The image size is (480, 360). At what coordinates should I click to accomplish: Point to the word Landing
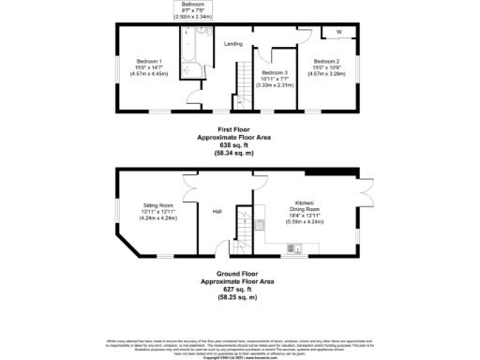[x=233, y=43]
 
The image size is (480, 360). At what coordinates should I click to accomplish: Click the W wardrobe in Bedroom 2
[x=339, y=31]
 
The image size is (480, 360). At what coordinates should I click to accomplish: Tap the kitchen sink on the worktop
[x=293, y=249]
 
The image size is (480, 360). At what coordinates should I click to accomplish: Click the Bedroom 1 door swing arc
[x=192, y=97]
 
